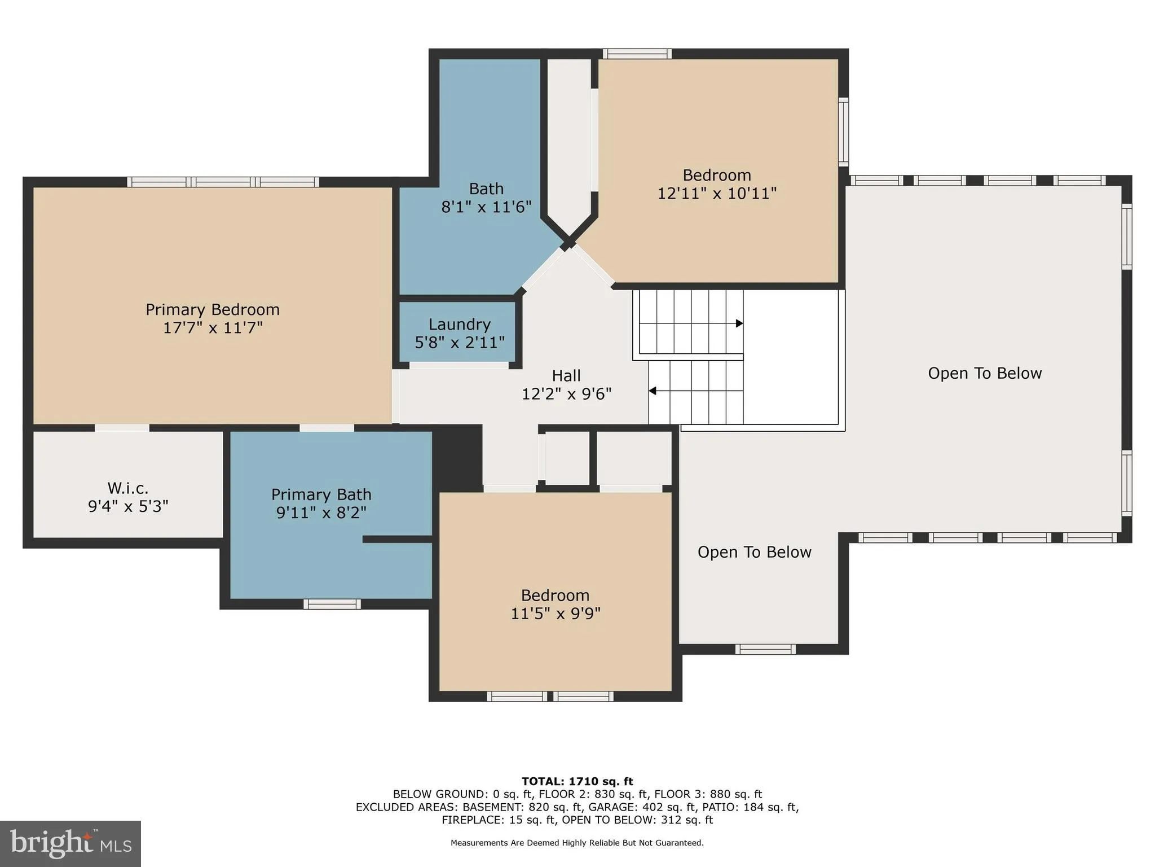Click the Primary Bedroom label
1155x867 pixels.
[212, 309]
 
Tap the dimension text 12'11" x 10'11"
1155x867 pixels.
[717, 194]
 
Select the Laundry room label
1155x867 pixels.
[459, 325]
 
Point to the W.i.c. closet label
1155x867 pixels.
[128, 488]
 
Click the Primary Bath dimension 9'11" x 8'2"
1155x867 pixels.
[321, 513]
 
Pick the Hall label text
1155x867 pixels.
[566, 375]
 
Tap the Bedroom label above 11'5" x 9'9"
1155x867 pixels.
[555, 595]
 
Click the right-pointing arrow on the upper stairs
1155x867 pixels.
[739, 323]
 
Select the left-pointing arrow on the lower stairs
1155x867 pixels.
[652, 391]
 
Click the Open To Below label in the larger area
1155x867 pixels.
[985, 373]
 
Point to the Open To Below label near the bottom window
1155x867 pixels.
[754, 552]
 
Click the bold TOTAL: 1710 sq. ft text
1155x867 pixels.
[577, 781]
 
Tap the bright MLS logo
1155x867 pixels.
[70, 843]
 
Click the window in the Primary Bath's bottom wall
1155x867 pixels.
[332, 604]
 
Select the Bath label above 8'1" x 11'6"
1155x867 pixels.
[486, 189]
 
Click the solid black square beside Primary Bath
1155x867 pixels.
[457, 457]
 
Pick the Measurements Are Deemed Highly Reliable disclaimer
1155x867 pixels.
[577, 843]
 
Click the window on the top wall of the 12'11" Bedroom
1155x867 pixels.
[637, 54]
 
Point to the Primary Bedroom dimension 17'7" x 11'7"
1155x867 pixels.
[213, 328]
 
